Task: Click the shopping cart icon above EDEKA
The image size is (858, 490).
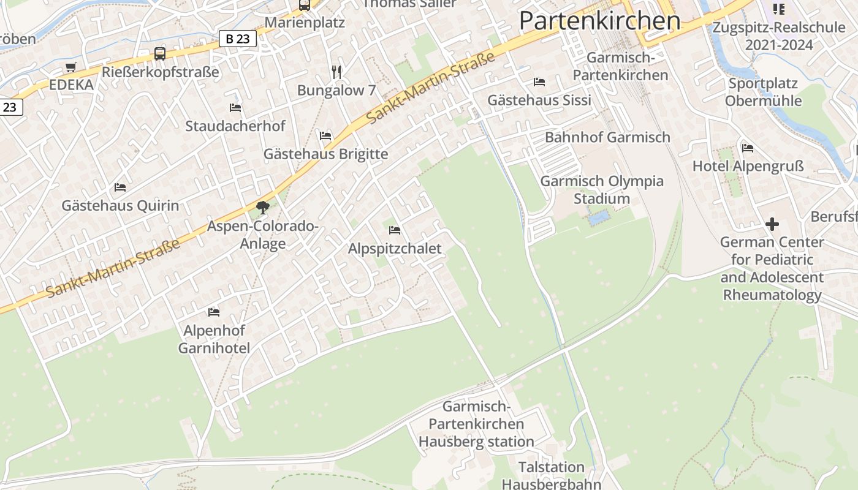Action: (x=71, y=67)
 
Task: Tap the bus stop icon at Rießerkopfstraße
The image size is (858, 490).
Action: (x=160, y=54)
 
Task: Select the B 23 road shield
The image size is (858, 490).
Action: (x=237, y=39)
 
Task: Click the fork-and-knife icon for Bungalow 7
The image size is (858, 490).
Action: (x=336, y=72)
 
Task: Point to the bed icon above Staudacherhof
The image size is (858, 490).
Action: (x=235, y=108)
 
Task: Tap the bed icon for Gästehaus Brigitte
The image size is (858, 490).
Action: (x=325, y=135)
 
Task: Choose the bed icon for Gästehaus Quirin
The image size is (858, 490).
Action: (x=120, y=187)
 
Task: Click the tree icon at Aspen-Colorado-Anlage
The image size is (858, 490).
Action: (x=263, y=208)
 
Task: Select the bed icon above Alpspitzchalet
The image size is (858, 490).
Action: (x=395, y=230)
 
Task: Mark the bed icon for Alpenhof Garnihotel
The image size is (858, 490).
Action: (x=214, y=312)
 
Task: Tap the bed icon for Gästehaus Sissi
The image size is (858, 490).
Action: (x=539, y=81)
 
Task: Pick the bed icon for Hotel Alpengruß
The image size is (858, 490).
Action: (x=748, y=148)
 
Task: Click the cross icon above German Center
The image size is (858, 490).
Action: (x=772, y=224)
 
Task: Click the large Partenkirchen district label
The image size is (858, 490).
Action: (x=599, y=21)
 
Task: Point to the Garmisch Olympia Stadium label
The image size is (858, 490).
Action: (x=601, y=190)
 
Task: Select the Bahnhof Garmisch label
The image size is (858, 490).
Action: (x=607, y=137)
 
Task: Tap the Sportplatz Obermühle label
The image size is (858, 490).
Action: (x=763, y=92)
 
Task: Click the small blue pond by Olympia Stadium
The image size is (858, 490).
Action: (x=598, y=217)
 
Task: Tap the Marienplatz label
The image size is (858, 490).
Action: (x=305, y=23)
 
